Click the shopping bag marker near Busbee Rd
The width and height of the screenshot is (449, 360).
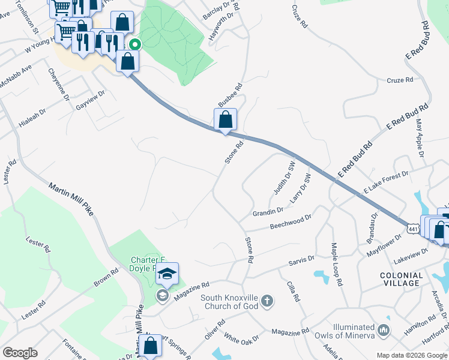[x=225, y=119]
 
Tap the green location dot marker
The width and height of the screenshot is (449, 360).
[x=136, y=44]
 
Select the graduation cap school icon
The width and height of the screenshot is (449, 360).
[x=167, y=274]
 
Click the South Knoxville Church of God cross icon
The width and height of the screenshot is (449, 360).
[x=267, y=301]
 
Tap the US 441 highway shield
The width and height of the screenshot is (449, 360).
[x=412, y=229]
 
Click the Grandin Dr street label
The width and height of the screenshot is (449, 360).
[x=268, y=211]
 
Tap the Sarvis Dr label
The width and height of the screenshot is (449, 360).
[x=301, y=259]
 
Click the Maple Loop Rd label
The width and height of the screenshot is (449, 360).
[x=336, y=264]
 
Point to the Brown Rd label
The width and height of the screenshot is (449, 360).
[x=106, y=279]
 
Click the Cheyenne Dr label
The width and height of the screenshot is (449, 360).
[x=59, y=88]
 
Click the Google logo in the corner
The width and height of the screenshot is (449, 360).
[x=20, y=353]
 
